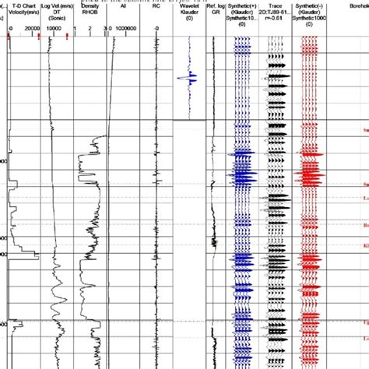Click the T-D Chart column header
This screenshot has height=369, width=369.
pyautogui.click(x=23, y=5)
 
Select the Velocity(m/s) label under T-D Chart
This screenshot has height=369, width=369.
pyautogui.click(x=23, y=12)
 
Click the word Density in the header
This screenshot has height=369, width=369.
pyautogui.click(x=90, y=5)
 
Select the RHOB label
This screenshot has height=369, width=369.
pyautogui.click(x=90, y=12)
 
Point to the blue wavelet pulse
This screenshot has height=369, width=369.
pyautogui.click(x=188, y=77)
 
